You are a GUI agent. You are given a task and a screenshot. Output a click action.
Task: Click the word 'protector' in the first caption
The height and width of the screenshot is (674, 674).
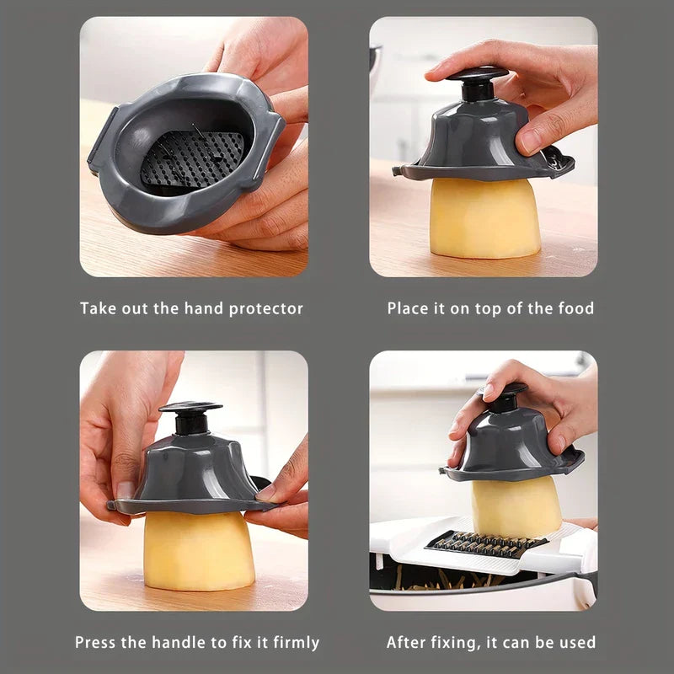(x=266, y=309)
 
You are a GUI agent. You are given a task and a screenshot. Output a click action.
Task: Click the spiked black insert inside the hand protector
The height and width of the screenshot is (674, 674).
(x=192, y=158)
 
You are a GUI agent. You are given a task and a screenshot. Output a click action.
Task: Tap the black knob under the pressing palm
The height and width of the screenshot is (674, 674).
(x=478, y=84)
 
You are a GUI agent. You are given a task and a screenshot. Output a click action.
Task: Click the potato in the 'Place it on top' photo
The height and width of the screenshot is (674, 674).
(x=485, y=217)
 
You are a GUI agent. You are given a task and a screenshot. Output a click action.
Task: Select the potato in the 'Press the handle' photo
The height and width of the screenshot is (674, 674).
(x=199, y=550)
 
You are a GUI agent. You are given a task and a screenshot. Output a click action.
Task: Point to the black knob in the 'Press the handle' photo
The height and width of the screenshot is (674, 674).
(x=190, y=417)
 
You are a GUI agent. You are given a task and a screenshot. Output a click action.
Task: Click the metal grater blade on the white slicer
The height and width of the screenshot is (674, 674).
(x=486, y=544)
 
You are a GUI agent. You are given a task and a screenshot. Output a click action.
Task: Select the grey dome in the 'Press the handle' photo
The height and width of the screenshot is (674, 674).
(x=193, y=477)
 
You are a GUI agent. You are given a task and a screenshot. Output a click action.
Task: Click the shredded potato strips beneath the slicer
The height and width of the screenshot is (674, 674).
(x=447, y=579)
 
